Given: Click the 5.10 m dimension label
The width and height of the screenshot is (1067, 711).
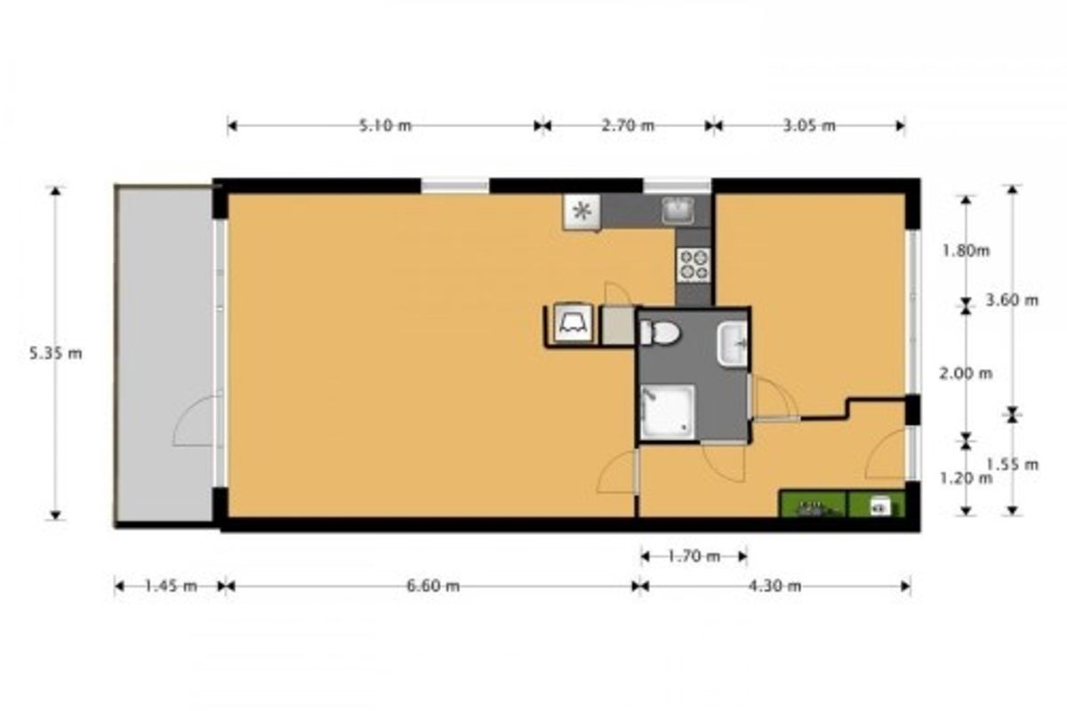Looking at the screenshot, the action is tap(385, 125).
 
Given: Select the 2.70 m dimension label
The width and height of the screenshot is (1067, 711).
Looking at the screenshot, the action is tap(628, 125).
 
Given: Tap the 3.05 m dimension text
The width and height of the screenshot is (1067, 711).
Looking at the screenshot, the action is tap(809, 125).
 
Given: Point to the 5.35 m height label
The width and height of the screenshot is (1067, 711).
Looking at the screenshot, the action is tap(56, 354).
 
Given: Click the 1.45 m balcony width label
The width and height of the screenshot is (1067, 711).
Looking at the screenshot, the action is tap(171, 587).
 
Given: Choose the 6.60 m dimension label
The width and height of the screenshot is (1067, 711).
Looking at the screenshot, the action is tap(433, 587).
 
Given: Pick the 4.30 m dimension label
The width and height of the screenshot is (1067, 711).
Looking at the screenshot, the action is tap(775, 587).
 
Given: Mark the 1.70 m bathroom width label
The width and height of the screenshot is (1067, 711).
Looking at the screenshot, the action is tap(694, 556).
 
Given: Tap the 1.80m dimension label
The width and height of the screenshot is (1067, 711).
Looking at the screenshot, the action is tap(966, 251).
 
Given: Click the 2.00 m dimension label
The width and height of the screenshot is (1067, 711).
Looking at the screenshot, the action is tap(966, 374).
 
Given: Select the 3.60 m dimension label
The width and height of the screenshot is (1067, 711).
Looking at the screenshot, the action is tap(1012, 300).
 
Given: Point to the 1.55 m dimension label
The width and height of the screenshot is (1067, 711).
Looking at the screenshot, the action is tap(1012, 464).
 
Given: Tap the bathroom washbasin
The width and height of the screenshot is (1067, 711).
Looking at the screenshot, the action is tap(733, 344).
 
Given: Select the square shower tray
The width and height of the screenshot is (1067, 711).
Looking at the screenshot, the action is tap(668, 411).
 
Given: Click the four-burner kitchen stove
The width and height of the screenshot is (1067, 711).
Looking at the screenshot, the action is tap(694, 265).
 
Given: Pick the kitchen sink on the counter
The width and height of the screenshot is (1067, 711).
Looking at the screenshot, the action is tap(678, 211).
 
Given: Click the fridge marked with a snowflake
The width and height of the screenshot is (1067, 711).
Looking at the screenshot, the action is tap(582, 212).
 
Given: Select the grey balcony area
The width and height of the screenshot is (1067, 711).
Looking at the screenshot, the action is tap(164, 355).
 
